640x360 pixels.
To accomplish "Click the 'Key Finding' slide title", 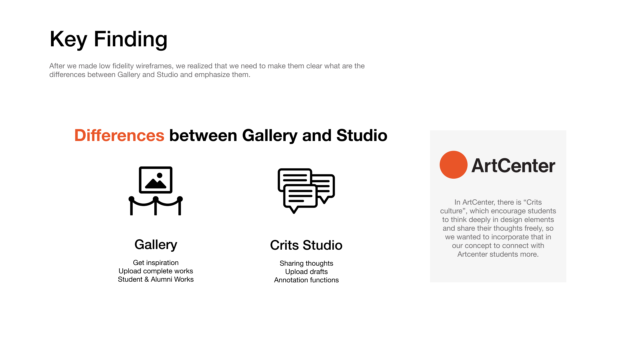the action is tap(108, 39).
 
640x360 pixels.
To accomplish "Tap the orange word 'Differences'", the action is tap(119, 135).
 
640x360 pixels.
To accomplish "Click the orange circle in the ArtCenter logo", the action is tap(453, 165).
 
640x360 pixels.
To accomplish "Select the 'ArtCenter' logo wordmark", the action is tap(513, 166).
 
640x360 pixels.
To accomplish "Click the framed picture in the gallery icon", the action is tap(156, 180).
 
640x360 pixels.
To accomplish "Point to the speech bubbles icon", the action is tap(306, 191).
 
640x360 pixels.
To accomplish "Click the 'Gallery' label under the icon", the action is tap(156, 245).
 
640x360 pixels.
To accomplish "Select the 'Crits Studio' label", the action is tap(306, 245).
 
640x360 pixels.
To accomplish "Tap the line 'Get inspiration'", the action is tap(156, 263).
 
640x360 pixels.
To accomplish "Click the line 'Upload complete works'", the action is tap(156, 271).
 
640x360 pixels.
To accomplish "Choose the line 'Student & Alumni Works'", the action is tap(156, 279).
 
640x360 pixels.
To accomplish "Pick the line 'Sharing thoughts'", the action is tap(306, 263).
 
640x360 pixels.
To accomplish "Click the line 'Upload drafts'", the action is tap(306, 272).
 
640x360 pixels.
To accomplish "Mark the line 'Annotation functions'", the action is tap(306, 280).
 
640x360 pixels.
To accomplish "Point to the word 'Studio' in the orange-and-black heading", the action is tap(362, 135).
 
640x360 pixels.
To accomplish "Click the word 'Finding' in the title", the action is tap(131, 39).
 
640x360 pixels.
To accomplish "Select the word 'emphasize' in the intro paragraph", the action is tap(212, 75).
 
